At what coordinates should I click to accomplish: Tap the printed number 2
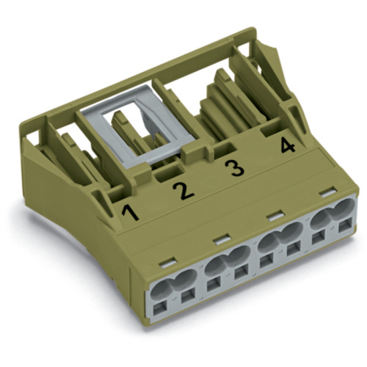tap(182, 192)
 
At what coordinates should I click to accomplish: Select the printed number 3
tap(233, 169)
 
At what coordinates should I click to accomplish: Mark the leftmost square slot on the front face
tap(153, 308)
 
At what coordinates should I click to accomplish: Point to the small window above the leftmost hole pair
tap(168, 260)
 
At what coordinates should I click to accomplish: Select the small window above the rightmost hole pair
tap(323, 195)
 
